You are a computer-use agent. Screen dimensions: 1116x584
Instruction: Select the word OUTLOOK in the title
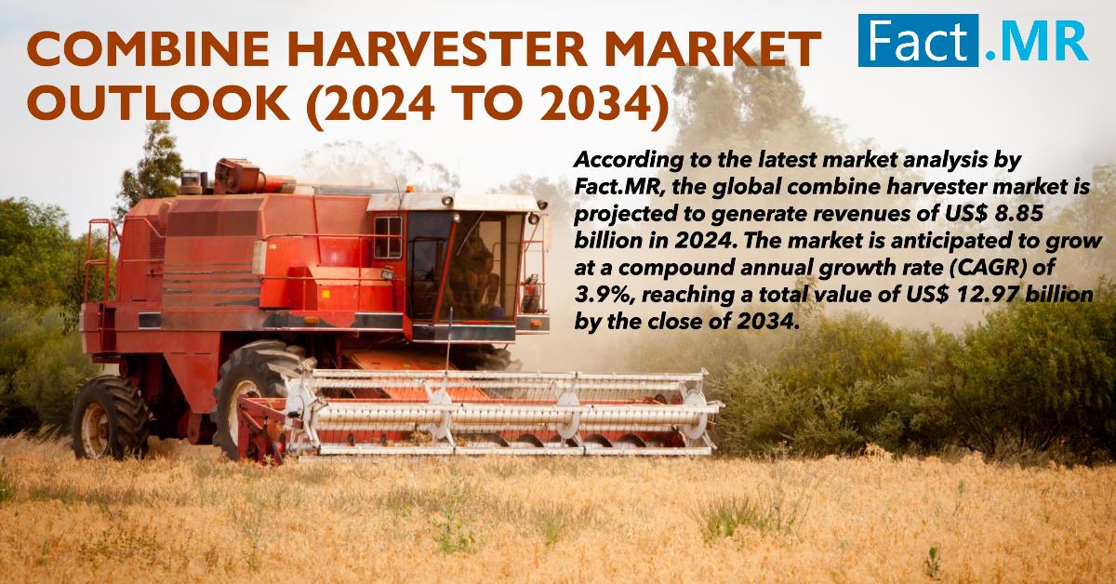coord(157,102)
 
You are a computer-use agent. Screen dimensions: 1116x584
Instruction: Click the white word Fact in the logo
coord(917,40)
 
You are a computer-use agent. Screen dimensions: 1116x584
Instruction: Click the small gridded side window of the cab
coord(388,237)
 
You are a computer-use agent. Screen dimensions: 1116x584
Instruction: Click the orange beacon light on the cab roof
coord(409,189)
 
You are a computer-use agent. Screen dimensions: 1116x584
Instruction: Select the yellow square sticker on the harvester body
coord(325,294)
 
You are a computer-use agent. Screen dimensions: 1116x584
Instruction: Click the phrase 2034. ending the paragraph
coord(768,322)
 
